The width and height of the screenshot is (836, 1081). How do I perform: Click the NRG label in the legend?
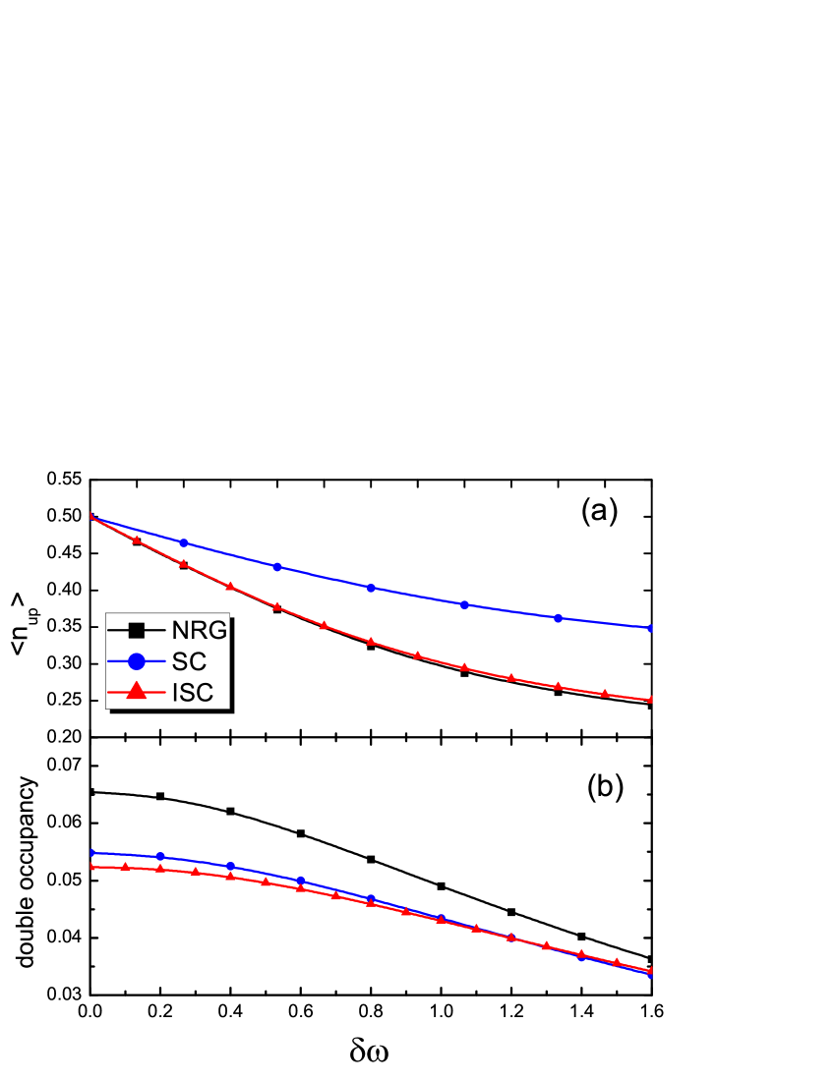pyautogui.click(x=200, y=631)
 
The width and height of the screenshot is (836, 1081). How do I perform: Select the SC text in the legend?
pyautogui.click(x=189, y=662)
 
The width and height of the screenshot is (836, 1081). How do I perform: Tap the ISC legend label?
pyautogui.click(x=193, y=693)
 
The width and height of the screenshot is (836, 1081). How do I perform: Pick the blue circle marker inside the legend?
pyautogui.click(x=137, y=662)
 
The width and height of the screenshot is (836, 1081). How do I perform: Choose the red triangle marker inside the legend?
pyautogui.click(x=137, y=692)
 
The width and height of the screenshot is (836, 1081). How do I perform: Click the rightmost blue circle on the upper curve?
pyautogui.click(x=651, y=628)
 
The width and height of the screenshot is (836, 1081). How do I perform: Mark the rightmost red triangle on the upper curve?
pyautogui.click(x=651, y=700)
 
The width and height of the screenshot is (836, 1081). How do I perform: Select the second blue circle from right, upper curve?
pyautogui.click(x=559, y=618)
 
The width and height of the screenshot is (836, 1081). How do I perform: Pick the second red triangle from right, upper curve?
pyautogui.click(x=605, y=694)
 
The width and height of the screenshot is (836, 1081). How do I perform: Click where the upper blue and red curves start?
pyautogui.click(x=90, y=516)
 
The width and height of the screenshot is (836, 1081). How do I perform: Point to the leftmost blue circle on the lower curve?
pyautogui.click(x=90, y=853)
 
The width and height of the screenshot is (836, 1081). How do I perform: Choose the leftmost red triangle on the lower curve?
pyautogui.click(x=90, y=866)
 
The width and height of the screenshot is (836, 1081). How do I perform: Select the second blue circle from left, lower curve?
pyautogui.click(x=160, y=857)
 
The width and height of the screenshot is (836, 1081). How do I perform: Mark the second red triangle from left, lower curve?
pyautogui.click(x=125, y=867)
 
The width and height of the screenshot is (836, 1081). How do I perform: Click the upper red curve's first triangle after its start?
pyautogui.click(x=137, y=540)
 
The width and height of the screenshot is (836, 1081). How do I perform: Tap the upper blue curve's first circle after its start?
pyautogui.click(x=184, y=542)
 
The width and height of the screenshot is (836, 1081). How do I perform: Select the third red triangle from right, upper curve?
pyautogui.click(x=559, y=686)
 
